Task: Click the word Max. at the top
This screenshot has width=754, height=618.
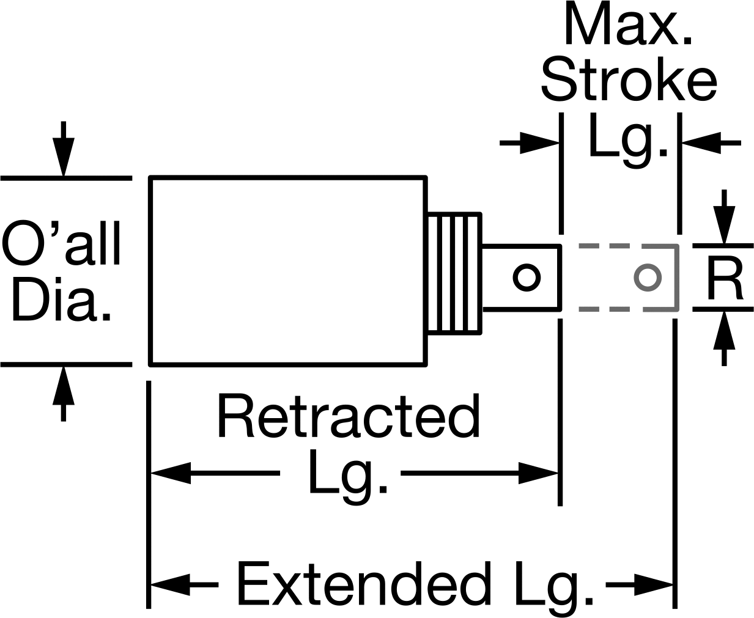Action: click(628, 24)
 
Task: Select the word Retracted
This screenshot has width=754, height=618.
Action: click(349, 415)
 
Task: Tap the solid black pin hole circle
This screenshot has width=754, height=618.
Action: click(527, 278)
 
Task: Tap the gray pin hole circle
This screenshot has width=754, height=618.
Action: click(648, 278)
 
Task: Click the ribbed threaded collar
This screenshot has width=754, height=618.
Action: click(454, 274)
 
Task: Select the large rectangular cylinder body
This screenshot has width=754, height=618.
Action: click(288, 271)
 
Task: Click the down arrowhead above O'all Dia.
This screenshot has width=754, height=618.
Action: click(64, 156)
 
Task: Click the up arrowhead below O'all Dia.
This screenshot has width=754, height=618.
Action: click(64, 385)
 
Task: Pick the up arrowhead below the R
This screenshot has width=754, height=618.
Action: click(724, 330)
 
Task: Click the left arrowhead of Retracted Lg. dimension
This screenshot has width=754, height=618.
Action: click(171, 473)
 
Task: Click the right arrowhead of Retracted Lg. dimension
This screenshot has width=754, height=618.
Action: click(538, 473)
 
